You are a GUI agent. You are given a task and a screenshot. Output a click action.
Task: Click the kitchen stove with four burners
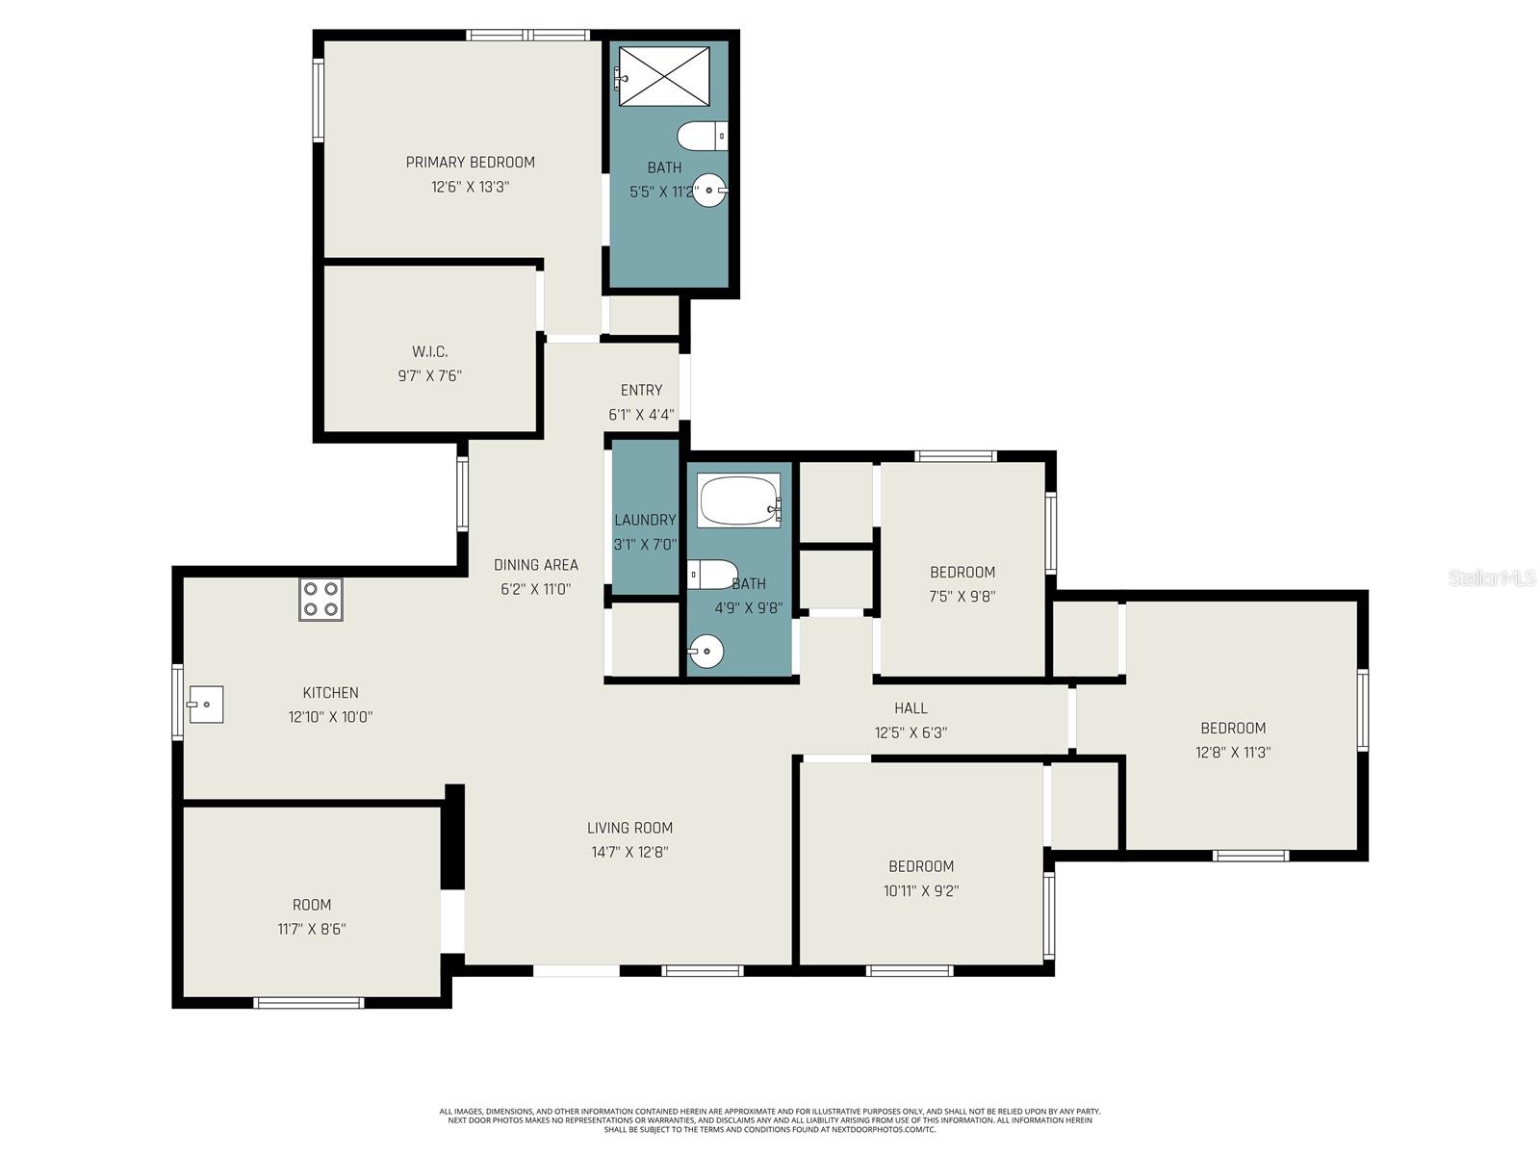tap(321, 599)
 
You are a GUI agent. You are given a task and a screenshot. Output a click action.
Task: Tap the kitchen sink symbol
tap(206, 704)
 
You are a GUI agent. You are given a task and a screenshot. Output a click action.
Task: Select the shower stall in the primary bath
tap(663, 76)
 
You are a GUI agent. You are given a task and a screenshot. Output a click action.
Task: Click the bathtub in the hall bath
tap(739, 500)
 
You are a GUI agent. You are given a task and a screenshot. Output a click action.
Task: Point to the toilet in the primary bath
tap(703, 136)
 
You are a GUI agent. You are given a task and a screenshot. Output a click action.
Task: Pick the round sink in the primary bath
tap(710, 190)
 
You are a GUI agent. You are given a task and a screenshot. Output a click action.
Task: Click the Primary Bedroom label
tap(470, 162)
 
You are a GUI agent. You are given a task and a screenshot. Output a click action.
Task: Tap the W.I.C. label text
tap(429, 351)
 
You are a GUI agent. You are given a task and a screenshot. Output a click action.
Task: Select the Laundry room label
tap(645, 520)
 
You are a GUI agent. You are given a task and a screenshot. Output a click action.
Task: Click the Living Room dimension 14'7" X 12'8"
tap(629, 852)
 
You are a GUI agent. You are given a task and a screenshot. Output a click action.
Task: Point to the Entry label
tap(641, 390)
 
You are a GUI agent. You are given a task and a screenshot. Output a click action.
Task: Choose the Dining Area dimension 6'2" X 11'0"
tap(535, 588)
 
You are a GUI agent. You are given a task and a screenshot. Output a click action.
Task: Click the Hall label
tap(911, 707)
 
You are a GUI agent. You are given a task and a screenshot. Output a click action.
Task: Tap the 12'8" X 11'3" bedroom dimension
tap(1233, 752)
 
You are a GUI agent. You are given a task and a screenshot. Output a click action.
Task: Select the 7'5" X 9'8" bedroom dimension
tap(962, 596)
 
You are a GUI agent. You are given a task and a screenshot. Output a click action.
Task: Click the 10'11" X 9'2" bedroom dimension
tap(920, 890)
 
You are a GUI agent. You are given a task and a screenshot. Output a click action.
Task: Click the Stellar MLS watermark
tap(1492, 577)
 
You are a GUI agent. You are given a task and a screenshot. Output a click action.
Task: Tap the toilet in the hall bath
tap(712, 575)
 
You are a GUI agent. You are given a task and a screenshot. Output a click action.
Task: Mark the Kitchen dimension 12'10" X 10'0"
tap(330, 716)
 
